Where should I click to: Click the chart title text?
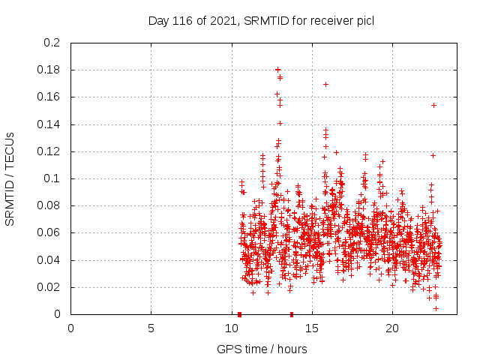pyautogui.click(x=261, y=20)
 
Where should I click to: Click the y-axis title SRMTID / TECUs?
pyautogui.click(x=10, y=178)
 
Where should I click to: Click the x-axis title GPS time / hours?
pyautogui.click(x=261, y=349)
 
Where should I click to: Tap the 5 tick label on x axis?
pyautogui.click(x=151, y=328)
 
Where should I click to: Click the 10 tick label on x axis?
pyautogui.click(x=231, y=328)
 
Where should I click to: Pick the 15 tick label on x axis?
pyautogui.click(x=311, y=328)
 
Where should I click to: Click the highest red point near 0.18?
pyautogui.click(x=278, y=70)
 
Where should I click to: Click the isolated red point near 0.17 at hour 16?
pyautogui.click(x=325, y=84)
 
